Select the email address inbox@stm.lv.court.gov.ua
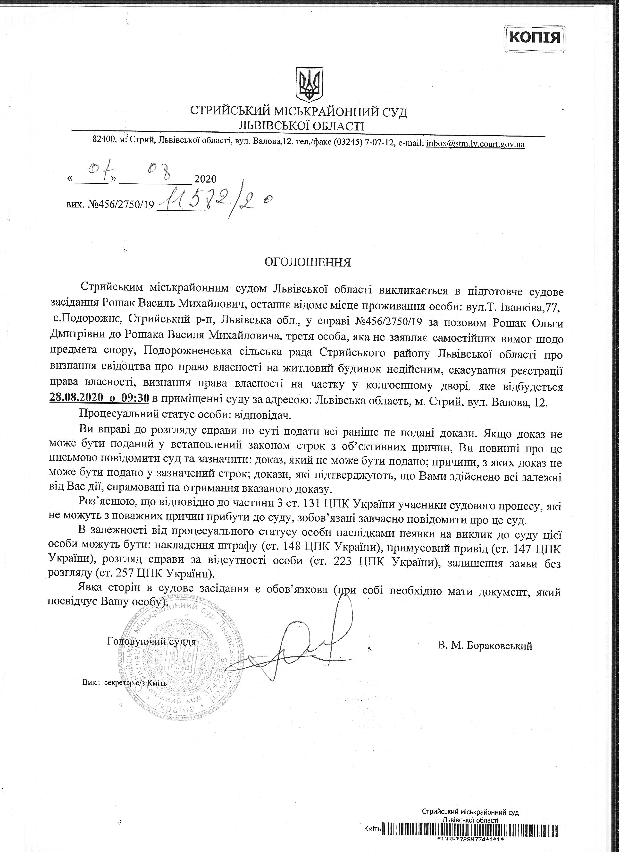pos(475,144)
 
